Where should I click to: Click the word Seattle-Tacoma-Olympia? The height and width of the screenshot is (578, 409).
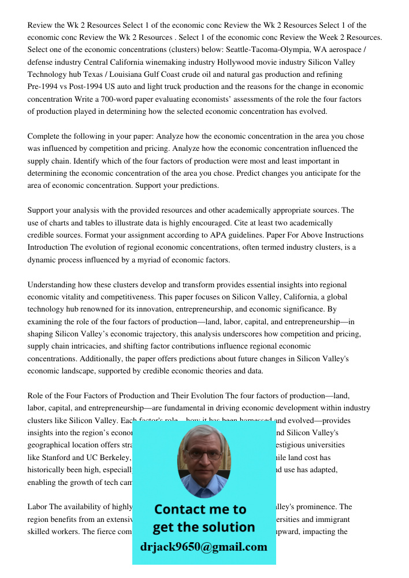click(x=229, y=50)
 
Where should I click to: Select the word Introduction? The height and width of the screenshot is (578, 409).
click(x=48, y=247)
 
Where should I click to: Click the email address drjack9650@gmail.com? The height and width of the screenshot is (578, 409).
click(x=203, y=547)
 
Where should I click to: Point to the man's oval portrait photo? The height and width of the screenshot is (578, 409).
click(x=204, y=457)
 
